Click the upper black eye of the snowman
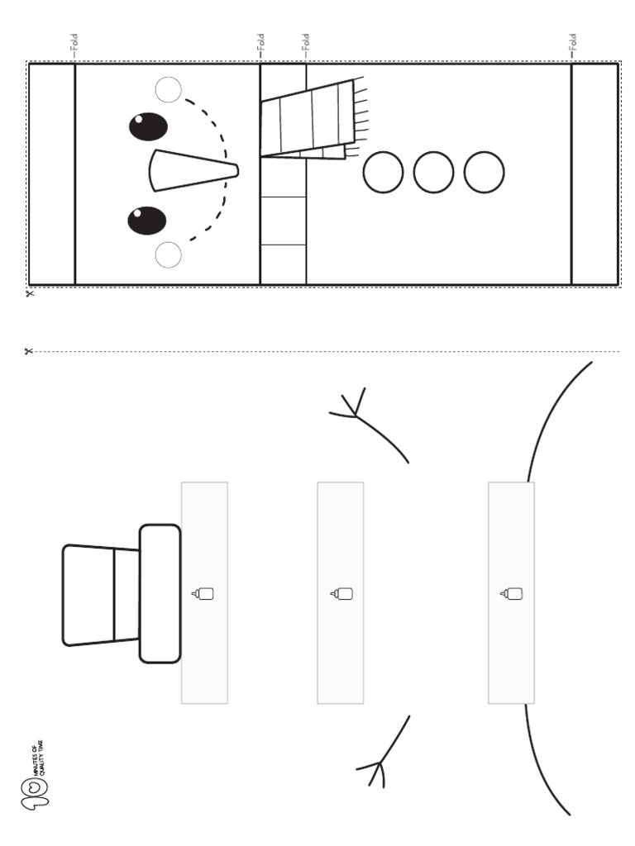148,126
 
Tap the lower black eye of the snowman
147,221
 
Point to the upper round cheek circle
168,89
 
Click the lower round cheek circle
168,255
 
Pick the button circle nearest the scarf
383,173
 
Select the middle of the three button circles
433,173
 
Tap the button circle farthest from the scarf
484,173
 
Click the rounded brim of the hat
160,593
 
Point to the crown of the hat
99,594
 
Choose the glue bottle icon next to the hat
203,593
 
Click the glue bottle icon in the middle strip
341,593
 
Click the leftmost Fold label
74,43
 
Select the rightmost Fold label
572,43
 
